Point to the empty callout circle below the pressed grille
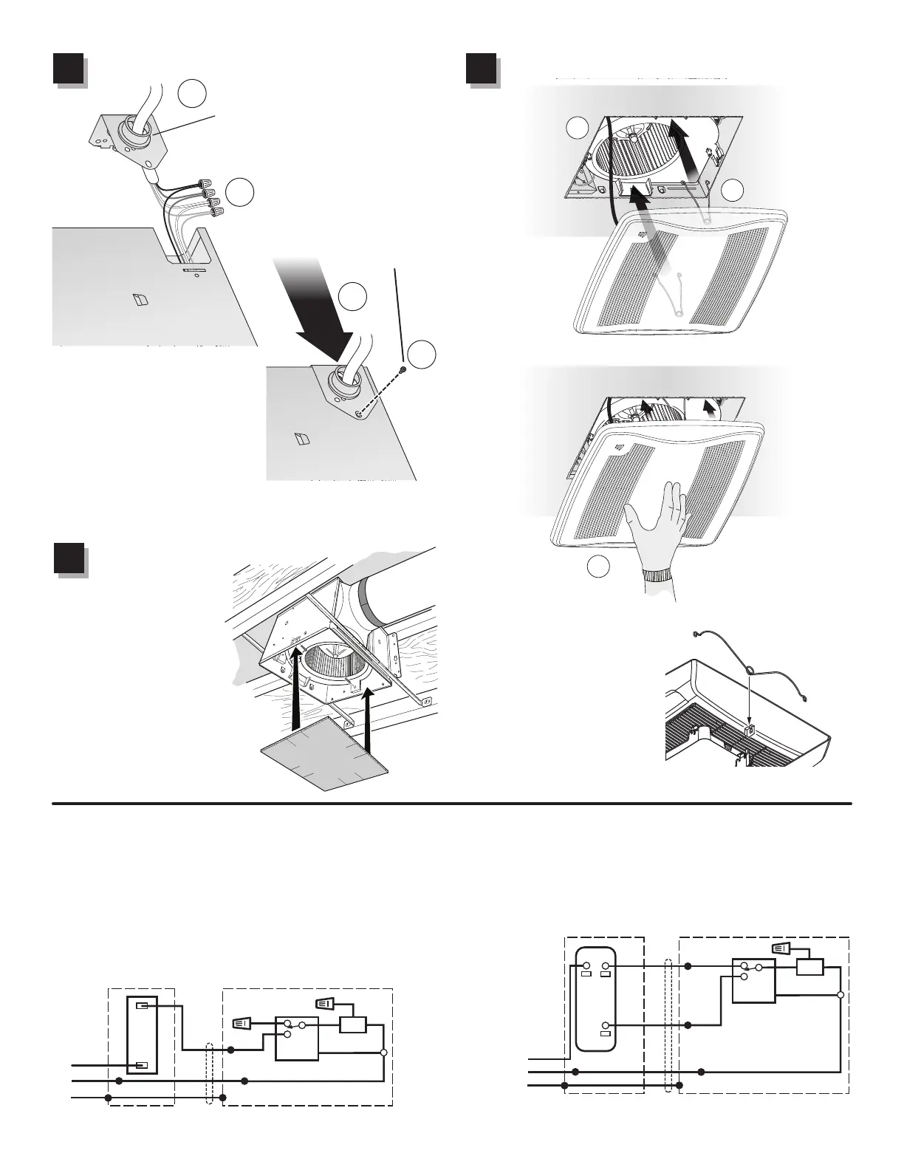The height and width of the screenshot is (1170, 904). (x=598, y=567)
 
